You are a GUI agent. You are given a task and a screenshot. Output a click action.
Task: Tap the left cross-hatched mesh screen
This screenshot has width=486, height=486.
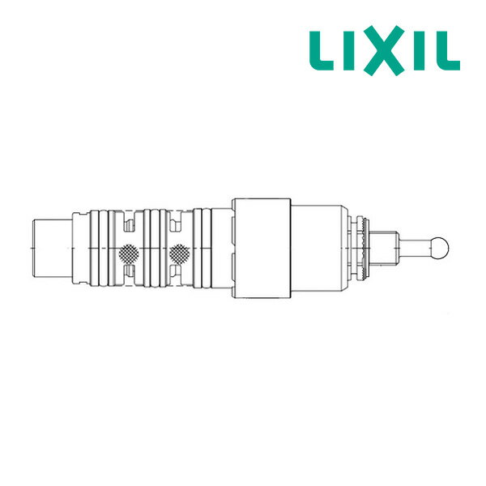click(127, 254)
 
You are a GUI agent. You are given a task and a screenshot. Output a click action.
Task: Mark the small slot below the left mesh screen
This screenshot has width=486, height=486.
click(128, 276)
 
